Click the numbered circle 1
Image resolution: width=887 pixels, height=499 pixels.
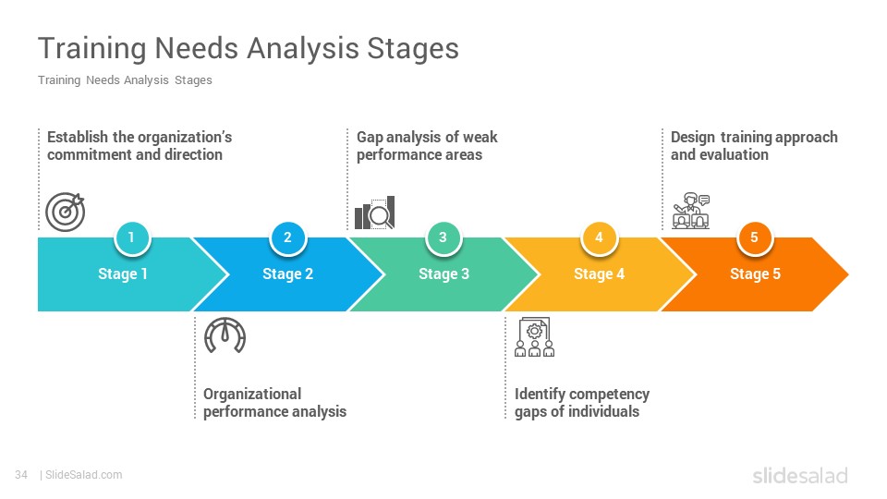[x=132, y=237]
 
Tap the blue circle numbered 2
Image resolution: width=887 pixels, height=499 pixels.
[x=288, y=237]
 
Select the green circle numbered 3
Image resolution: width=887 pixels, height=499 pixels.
[x=443, y=237]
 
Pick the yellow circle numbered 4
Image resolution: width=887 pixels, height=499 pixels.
[x=599, y=237]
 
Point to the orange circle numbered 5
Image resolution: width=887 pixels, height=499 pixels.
[x=755, y=237]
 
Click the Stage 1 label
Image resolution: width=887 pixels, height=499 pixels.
[x=123, y=274]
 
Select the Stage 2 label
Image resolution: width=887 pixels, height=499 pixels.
[x=288, y=274]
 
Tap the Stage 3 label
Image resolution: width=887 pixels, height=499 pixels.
[x=444, y=274]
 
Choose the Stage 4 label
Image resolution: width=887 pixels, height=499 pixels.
[x=600, y=274]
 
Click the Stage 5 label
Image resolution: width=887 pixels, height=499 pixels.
[x=755, y=274]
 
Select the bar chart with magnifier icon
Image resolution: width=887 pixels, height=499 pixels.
[x=375, y=213]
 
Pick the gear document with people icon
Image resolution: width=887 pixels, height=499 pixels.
[x=535, y=337]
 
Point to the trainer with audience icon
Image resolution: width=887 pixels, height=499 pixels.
[x=691, y=211]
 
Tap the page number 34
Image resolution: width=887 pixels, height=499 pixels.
[x=21, y=475]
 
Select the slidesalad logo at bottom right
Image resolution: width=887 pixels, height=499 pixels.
[x=800, y=476]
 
